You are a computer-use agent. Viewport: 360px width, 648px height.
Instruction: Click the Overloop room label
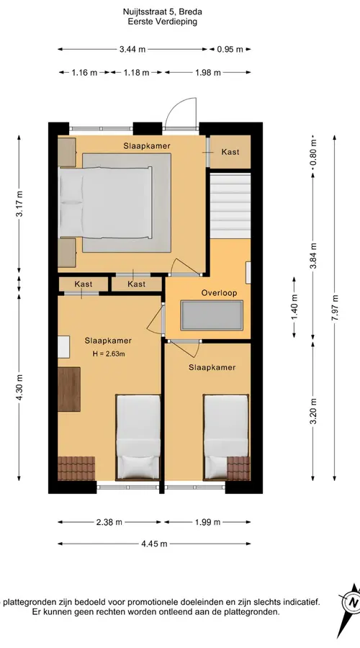[x=219, y=293]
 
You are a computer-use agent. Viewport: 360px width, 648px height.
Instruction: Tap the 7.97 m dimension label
[x=335, y=307]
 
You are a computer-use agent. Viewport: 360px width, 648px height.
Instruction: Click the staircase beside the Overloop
[x=230, y=206]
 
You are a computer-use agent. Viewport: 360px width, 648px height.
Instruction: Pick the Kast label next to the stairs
[x=230, y=152]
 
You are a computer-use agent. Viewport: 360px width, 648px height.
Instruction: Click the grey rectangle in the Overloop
[x=211, y=315]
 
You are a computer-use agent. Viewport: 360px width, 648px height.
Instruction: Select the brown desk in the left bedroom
[x=69, y=390]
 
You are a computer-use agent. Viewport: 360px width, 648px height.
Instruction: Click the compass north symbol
[x=352, y=602]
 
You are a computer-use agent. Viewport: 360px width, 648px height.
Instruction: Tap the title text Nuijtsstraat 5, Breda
[x=163, y=12]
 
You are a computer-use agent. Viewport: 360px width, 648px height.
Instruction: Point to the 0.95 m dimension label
[x=230, y=50]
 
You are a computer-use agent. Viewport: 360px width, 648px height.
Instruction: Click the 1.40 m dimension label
[x=294, y=306]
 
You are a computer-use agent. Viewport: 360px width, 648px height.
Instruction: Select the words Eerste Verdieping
[x=163, y=22]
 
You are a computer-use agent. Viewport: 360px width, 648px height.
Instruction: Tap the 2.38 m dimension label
[x=109, y=523]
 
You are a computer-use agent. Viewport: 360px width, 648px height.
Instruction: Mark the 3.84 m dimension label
[x=313, y=256]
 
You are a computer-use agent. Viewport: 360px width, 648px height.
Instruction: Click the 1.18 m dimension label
[x=136, y=73]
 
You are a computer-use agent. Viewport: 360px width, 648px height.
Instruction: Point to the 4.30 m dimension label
[x=19, y=387]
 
